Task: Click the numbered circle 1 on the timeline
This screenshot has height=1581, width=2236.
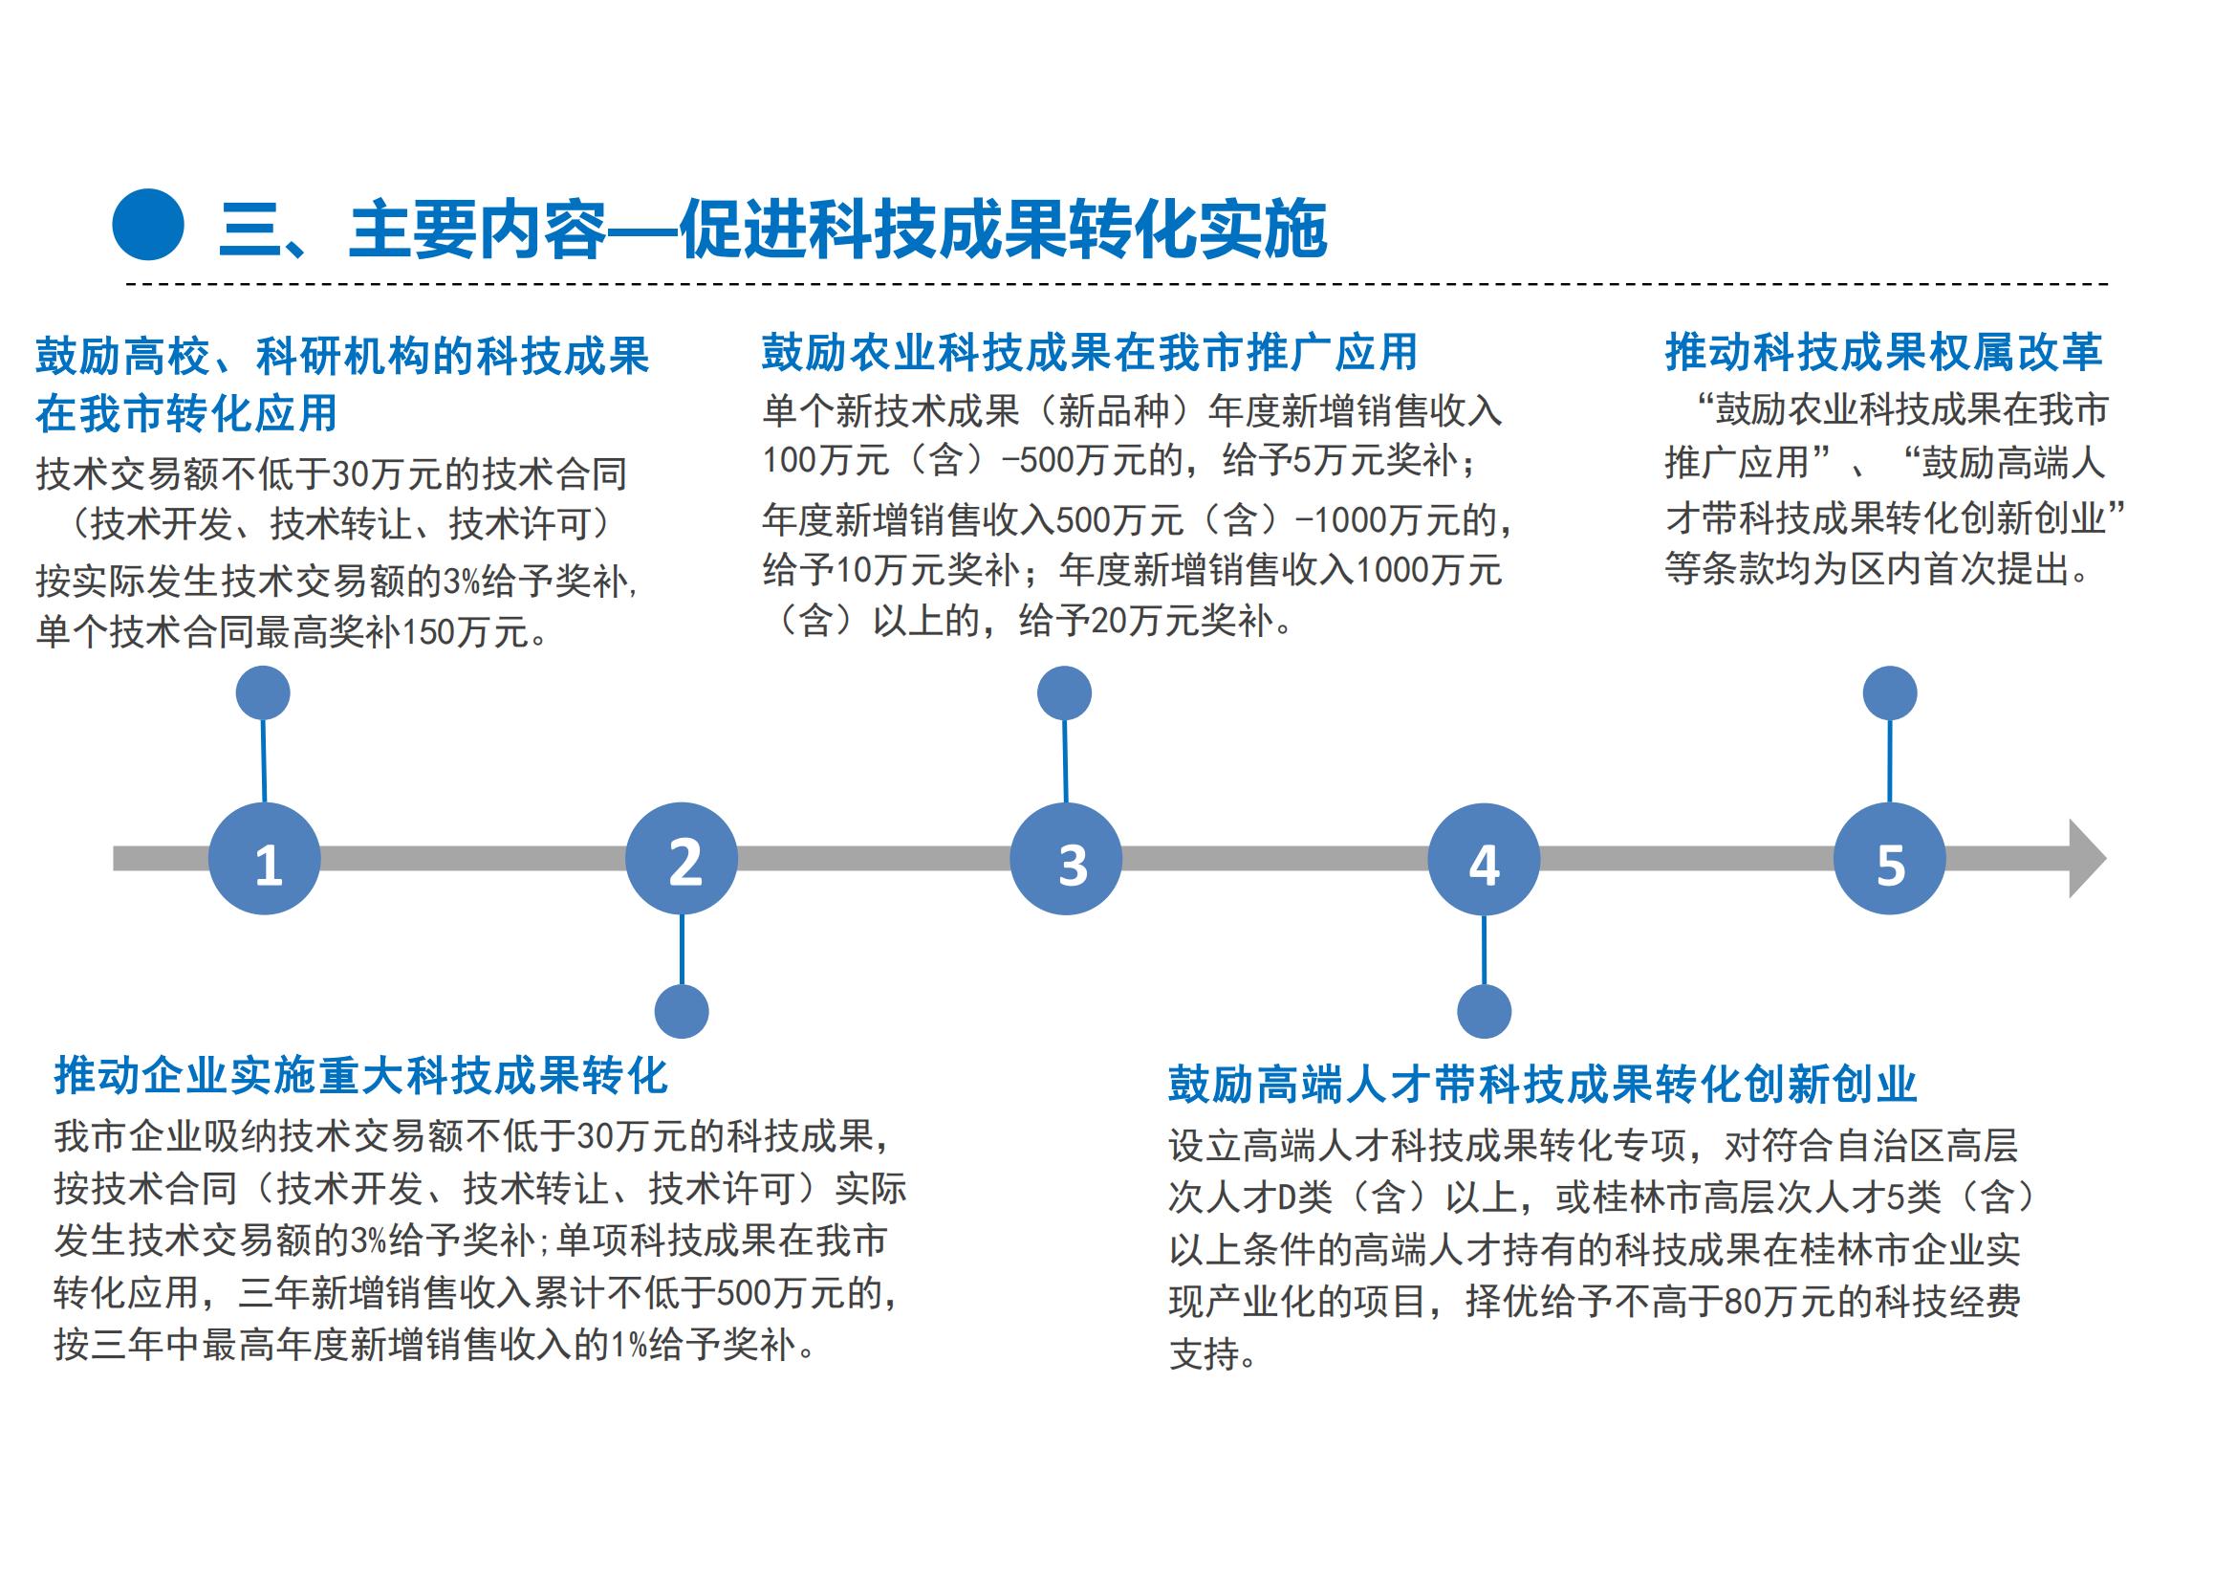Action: coord(264,858)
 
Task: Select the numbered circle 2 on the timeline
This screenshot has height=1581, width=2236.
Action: coord(682,858)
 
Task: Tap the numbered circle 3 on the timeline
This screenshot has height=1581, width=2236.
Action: coord(1067,858)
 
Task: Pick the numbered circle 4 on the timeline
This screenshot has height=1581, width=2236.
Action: coord(1485,858)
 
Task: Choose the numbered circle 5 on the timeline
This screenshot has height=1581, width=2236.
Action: coord(1890,858)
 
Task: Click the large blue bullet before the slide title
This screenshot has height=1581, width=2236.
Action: coord(148,224)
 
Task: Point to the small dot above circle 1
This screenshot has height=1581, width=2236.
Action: coord(263,693)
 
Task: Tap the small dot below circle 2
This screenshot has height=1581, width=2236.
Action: coord(682,1011)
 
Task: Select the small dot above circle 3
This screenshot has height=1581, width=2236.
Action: coord(1064,693)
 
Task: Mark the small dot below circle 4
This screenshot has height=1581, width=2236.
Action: coord(1485,1011)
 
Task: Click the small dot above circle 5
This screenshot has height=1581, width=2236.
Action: coord(1890,693)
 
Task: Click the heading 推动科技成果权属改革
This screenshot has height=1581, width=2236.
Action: coord(1883,353)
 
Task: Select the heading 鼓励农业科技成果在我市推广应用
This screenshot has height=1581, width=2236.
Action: coord(1090,353)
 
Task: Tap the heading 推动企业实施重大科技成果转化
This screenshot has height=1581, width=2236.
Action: coord(361,1075)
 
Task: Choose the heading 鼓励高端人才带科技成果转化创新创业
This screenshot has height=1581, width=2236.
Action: coord(1544,1084)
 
